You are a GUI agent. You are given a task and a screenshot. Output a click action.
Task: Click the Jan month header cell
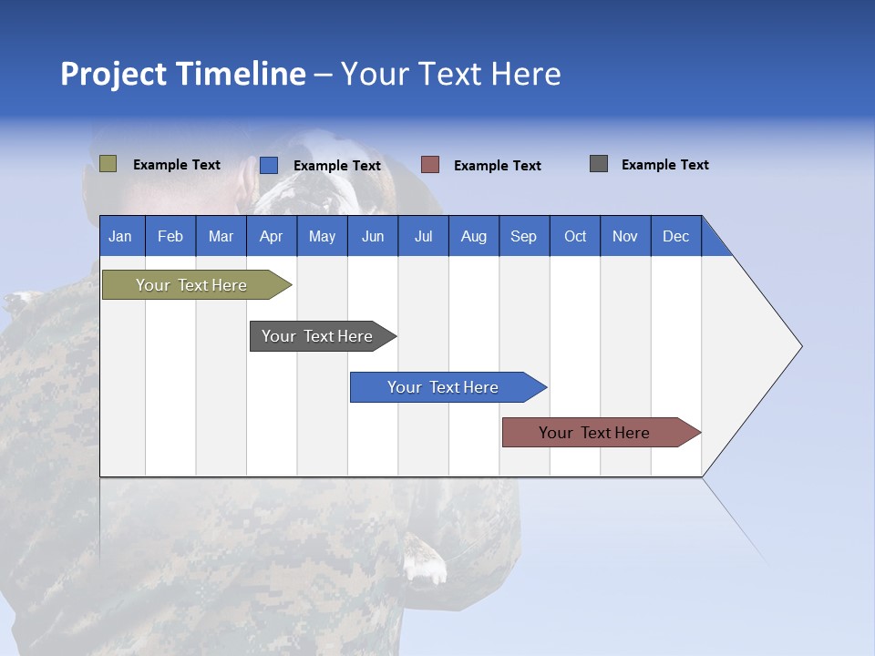[x=121, y=236]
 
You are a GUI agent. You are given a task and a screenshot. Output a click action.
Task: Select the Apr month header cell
[x=272, y=236]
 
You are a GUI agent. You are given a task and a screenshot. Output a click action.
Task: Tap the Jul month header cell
[x=423, y=236]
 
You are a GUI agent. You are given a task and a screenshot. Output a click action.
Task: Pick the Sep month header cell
[x=524, y=236]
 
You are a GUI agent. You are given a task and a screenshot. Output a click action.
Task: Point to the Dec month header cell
[x=676, y=236]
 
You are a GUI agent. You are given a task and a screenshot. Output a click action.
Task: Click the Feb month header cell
[x=170, y=236]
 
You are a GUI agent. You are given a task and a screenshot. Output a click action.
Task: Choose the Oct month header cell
[x=575, y=236]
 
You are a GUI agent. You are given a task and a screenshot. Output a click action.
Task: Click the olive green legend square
[x=108, y=164]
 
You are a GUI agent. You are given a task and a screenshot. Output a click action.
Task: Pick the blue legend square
[x=269, y=165]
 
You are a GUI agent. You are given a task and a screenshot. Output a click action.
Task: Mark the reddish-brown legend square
[x=430, y=165]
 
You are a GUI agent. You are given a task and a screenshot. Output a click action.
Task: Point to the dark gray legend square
[x=599, y=164]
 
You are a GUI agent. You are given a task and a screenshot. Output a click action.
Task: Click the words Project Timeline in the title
[x=183, y=74]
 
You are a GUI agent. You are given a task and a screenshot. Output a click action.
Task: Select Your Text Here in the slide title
[x=451, y=74]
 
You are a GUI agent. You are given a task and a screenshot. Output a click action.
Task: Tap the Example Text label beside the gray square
[x=664, y=165]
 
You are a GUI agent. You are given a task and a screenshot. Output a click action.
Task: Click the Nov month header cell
[x=625, y=236]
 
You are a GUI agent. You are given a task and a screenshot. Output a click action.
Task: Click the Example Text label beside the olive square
[x=177, y=165]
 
